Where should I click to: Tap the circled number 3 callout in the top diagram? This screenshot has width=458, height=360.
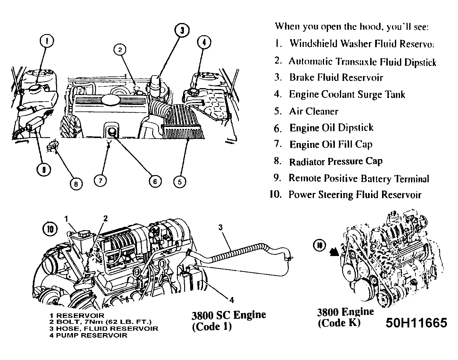coord(182,30)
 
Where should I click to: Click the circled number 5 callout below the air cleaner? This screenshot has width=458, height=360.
coord(179,181)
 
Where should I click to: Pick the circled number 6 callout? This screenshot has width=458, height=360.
coord(155,181)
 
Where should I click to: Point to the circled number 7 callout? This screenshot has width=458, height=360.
coord(100,180)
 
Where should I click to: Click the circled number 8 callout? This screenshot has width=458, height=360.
coord(76,184)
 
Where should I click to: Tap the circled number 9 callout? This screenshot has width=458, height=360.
coord(44,170)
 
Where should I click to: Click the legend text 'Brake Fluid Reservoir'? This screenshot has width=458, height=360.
coord(336,78)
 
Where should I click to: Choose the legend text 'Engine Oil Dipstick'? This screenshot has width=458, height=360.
coord(331,128)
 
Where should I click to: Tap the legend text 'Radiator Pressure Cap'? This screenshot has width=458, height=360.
coord(335,162)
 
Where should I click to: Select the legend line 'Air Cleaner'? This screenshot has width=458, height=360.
coord(313,111)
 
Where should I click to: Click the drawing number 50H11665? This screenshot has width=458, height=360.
coord(416,323)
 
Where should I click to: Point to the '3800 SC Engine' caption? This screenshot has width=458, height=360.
coord(228,315)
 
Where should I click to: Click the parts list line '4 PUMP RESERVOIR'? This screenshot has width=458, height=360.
coord(88,335)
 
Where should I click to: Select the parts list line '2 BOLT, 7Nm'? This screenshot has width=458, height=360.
coord(100,322)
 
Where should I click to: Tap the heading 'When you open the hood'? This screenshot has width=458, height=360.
coord(352,27)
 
